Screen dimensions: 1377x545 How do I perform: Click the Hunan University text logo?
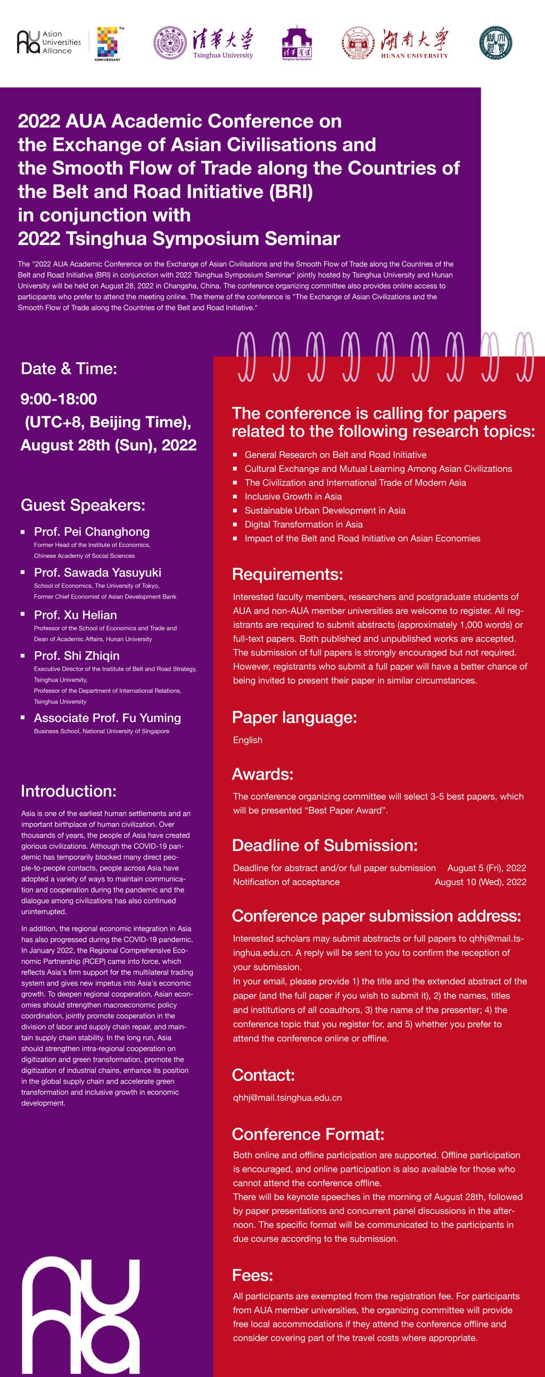pyautogui.click(x=415, y=43)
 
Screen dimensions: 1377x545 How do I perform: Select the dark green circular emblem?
pyautogui.click(x=496, y=43)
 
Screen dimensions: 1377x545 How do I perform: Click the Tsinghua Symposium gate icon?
pyautogui.click(x=296, y=43)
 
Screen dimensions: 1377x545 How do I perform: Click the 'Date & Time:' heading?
pyautogui.click(x=69, y=368)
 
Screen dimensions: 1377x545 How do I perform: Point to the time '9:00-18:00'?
pyautogui.click(x=59, y=399)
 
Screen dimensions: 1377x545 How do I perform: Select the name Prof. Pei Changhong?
pyautogui.click(x=92, y=531)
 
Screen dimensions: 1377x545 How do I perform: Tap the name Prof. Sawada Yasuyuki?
pyautogui.click(x=97, y=572)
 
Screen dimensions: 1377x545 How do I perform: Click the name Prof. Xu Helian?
pyautogui.click(x=76, y=614)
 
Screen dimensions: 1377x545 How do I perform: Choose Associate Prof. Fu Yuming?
pyautogui.click(x=107, y=717)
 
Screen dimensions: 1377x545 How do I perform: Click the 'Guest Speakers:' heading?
pyautogui.click(x=83, y=505)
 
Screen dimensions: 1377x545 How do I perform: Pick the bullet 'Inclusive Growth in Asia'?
pyautogui.click(x=293, y=496)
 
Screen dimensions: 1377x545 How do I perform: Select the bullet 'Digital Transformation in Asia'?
pyautogui.click(x=303, y=524)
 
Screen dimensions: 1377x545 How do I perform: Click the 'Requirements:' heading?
pyautogui.click(x=287, y=574)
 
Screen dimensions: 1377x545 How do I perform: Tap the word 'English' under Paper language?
pyautogui.click(x=247, y=740)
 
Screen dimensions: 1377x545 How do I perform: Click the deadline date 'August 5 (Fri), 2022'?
pyautogui.click(x=486, y=867)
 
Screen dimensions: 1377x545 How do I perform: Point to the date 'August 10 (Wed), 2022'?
pyautogui.click(x=481, y=881)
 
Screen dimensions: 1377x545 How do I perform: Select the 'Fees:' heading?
pyautogui.click(x=252, y=1275)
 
